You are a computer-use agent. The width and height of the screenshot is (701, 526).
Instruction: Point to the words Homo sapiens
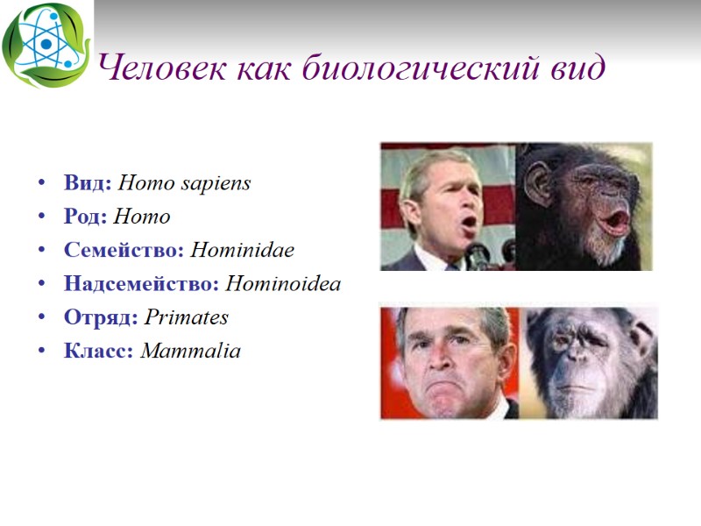184,183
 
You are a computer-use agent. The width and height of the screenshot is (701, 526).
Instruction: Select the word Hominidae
242,250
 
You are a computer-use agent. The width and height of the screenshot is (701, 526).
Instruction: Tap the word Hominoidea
283,283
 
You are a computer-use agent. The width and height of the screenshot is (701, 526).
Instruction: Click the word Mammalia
190,352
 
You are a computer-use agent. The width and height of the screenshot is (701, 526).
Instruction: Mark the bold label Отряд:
101,316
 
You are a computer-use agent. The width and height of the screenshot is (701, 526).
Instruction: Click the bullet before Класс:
41,352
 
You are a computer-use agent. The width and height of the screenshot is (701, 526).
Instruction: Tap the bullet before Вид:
41,184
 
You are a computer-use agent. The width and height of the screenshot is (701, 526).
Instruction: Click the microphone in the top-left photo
478,255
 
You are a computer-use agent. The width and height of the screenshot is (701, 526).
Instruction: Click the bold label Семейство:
124,250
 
